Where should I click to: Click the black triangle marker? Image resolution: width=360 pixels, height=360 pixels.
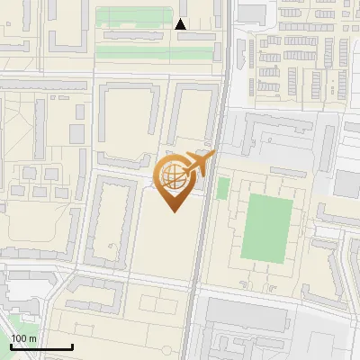(x=181, y=25)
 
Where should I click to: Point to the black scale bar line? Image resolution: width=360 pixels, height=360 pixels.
(x=41, y=346)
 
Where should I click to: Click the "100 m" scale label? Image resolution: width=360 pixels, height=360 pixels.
(x=24, y=337)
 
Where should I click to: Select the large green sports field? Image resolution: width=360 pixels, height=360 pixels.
(x=267, y=227)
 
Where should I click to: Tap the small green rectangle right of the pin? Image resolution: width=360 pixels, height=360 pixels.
(x=222, y=188)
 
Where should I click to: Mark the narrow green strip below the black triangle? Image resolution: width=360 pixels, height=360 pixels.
(x=157, y=53)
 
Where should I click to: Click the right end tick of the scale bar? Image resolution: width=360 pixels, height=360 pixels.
(x=72, y=346)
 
